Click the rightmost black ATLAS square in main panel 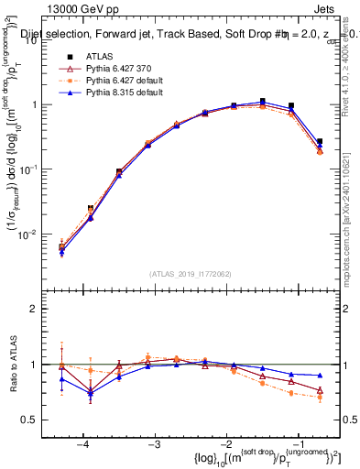[320, 142]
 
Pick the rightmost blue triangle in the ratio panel [320, 376]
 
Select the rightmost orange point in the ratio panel [320, 397]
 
